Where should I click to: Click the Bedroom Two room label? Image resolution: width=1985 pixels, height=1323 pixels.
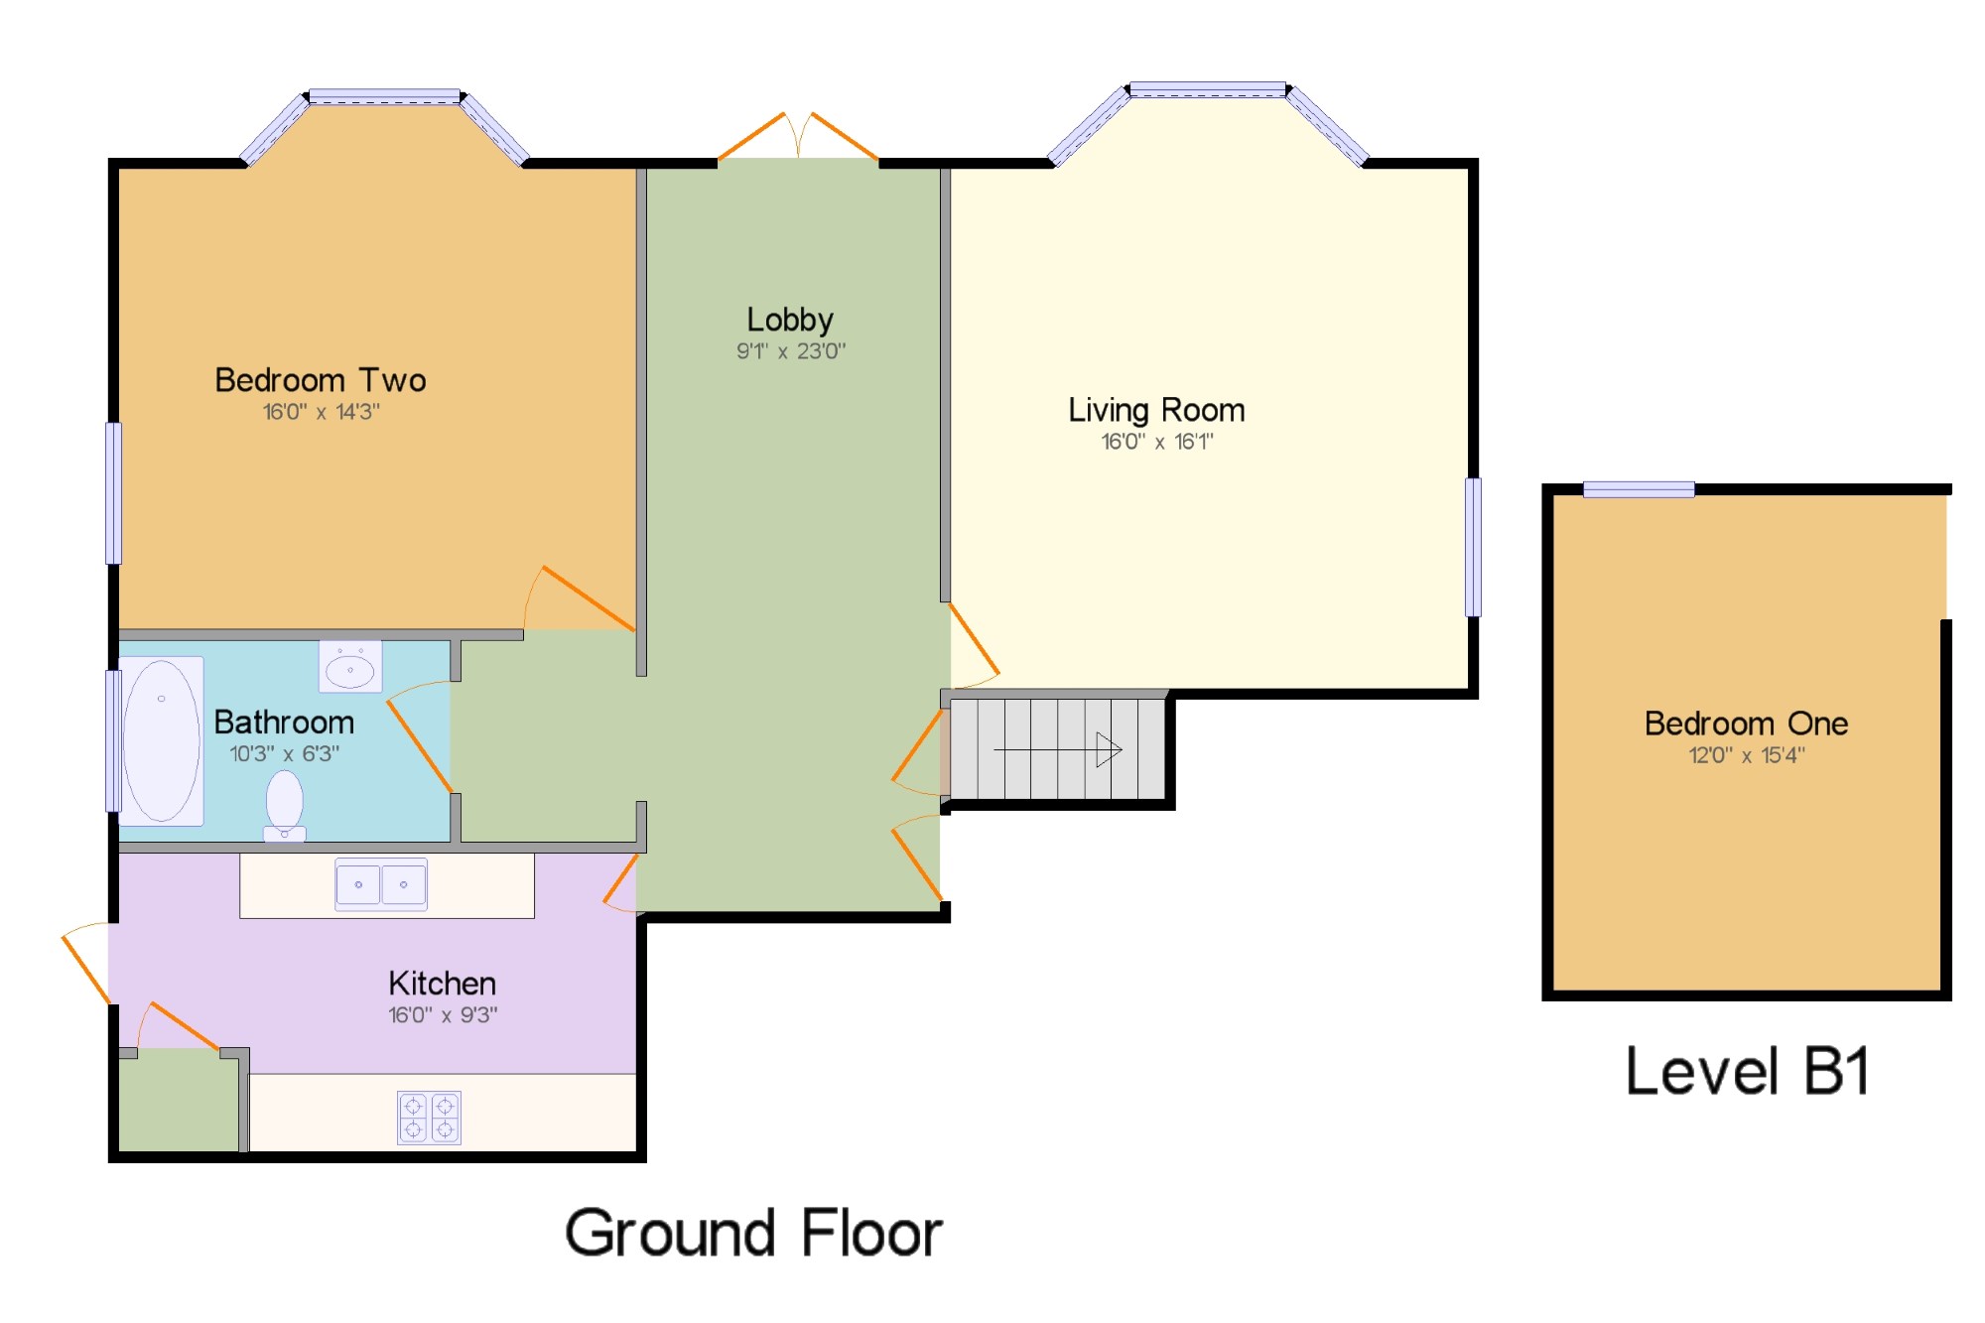[321, 380]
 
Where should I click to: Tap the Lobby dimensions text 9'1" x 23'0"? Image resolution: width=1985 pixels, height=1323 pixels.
[791, 351]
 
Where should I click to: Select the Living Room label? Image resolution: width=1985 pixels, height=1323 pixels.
[1156, 411]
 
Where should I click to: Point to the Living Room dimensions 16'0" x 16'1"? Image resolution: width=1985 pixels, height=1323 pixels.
[1157, 442]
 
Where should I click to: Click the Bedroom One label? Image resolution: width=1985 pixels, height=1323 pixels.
[1746, 724]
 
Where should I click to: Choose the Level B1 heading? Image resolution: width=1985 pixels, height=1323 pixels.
[1747, 1072]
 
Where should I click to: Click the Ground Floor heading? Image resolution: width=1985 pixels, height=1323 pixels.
[753, 1234]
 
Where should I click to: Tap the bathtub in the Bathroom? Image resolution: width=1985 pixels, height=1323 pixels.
[161, 740]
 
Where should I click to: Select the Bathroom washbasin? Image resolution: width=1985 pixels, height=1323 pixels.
[350, 667]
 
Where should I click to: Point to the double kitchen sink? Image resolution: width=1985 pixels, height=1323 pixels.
[381, 884]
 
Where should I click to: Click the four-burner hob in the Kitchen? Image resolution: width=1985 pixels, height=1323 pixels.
[429, 1118]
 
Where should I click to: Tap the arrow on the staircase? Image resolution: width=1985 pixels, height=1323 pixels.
[1058, 749]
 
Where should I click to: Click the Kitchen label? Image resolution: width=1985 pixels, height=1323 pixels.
[442, 984]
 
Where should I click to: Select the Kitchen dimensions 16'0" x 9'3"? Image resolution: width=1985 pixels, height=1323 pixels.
[443, 1015]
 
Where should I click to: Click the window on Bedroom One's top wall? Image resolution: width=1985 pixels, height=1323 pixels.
[1639, 489]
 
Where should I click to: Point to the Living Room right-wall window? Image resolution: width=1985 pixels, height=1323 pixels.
[1474, 547]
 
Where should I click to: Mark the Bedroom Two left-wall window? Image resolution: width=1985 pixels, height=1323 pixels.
[114, 493]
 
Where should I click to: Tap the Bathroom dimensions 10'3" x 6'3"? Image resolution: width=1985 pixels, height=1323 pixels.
[285, 754]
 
